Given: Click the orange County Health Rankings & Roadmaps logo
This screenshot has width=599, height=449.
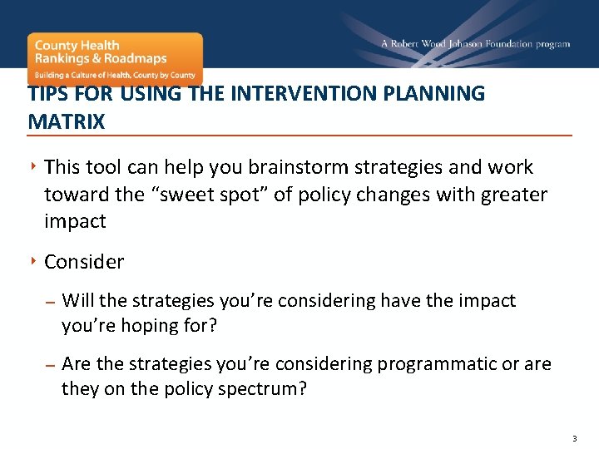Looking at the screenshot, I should [115, 58].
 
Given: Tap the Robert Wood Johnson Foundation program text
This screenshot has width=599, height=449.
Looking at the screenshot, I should [475, 44].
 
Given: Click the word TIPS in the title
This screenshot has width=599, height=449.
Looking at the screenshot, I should [47, 94].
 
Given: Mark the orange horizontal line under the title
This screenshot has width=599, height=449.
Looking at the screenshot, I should [299, 136].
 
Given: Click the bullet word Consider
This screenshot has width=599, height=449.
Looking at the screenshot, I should [84, 262].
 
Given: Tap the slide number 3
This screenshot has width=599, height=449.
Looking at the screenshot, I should [573, 438].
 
